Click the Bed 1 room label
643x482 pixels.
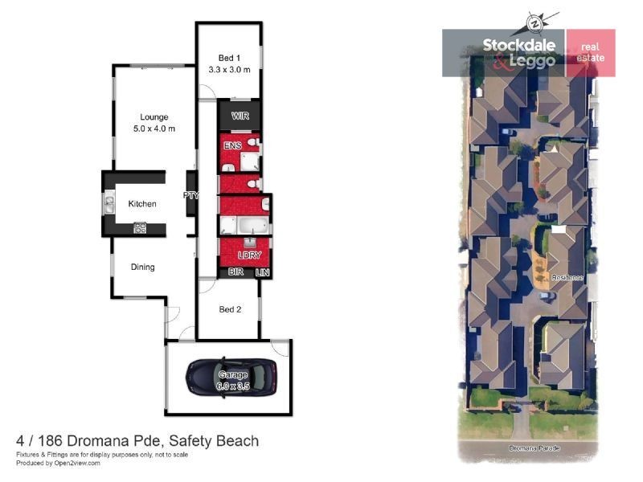(x=229, y=57)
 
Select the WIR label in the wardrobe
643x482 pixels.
(x=240, y=116)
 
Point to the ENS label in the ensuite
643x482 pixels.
(x=233, y=145)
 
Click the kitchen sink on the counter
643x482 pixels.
(x=109, y=204)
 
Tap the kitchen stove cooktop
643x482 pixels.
(x=141, y=228)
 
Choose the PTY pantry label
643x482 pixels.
(x=191, y=194)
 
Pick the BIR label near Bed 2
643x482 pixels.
(x=236, y=273)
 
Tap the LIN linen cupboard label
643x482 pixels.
(x=262, y=273)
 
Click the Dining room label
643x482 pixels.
(x=142, y=267)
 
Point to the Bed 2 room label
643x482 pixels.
(x=229, y=309)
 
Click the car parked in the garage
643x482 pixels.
(x=231, y=376)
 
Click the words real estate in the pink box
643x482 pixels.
(x=590, y=53)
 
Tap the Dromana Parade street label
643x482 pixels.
(x=532, y=447)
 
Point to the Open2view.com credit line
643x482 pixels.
(x=58, y=463)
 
